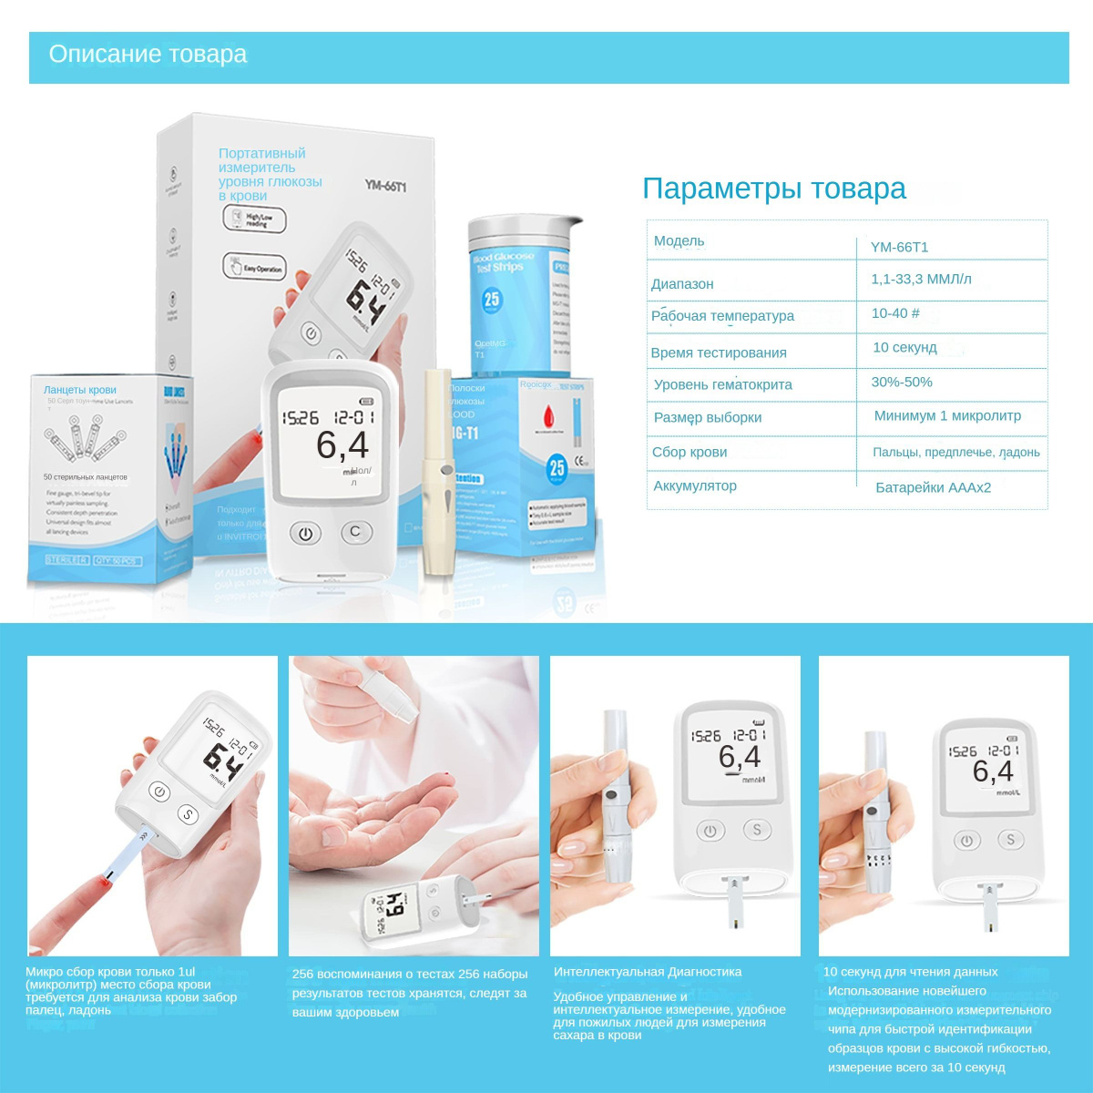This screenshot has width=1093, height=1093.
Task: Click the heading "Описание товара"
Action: tap(148, 55)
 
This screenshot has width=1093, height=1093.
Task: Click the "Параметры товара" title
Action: tap(774, 189)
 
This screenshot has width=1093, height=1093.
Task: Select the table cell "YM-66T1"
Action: tap(899, 247)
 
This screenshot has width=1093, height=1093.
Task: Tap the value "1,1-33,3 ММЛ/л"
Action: tap(921, 279)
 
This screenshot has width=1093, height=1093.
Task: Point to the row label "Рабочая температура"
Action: tap(722, 316)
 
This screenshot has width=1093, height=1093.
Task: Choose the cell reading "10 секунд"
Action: tap(904, 347)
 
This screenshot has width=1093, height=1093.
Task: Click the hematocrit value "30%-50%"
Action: tap(902, 382)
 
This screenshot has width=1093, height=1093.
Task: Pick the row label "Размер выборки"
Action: tap(708, 417)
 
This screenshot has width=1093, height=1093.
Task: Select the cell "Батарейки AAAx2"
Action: tap(933, 487)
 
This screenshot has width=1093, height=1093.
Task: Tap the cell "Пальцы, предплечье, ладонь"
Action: tap(955, 452)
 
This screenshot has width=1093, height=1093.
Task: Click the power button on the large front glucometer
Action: tap(306, 534)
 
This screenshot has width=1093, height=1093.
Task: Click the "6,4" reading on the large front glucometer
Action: tap(342, 445)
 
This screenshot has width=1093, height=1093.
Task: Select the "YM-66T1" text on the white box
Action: tap(385, 186)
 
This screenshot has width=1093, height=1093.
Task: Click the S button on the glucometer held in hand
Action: tap(188, 813)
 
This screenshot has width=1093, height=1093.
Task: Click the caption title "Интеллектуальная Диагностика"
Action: tap(648, 972)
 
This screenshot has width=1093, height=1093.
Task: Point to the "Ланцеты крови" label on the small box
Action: tap(80, 390)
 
